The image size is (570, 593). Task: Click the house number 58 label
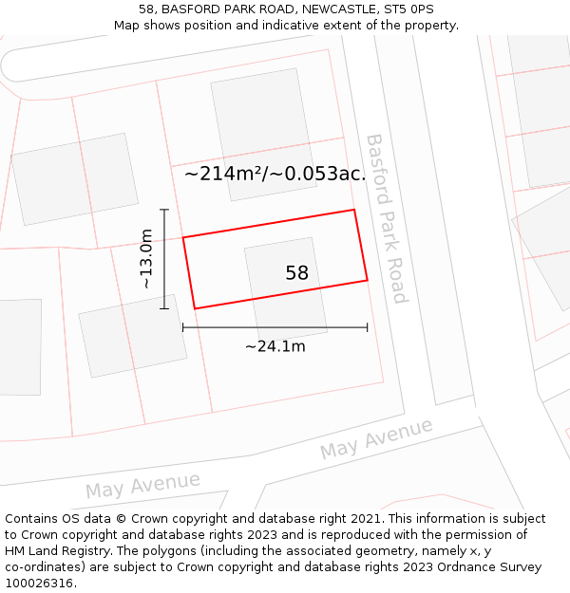click(296, 273)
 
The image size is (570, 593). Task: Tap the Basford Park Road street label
click(387, 218)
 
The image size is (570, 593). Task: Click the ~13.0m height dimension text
click(145, 259)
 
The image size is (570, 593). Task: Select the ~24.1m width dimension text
click(275, 346)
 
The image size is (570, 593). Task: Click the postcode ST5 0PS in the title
click(411, 9)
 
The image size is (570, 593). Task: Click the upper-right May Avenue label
click(376, 439)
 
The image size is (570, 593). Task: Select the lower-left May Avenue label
click(142, 485)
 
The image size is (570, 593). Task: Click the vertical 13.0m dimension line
click(164, 259)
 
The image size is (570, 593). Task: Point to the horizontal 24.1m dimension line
click(275, 328)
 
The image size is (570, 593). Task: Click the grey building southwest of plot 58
click(132, 336)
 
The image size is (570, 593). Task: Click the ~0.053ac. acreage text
click(318, 174)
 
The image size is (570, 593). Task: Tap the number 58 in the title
click(146, 9)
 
